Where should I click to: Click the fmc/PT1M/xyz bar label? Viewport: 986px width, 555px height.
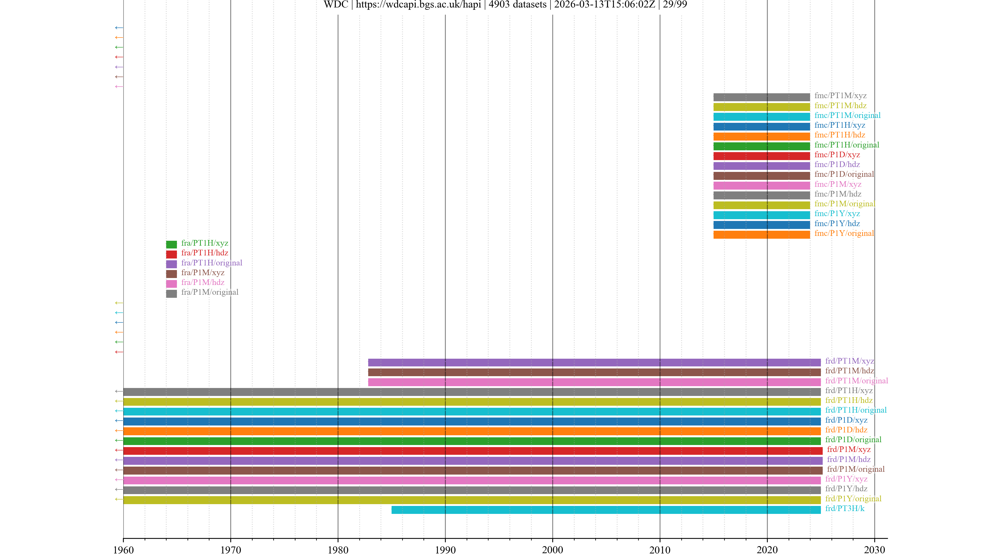(840, 96)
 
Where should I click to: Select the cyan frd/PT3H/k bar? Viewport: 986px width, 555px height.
(606, 510)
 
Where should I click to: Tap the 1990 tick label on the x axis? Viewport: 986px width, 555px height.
(445, 550)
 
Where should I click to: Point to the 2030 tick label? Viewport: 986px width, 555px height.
(874, 550)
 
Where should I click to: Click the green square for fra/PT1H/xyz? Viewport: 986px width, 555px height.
(172, 244)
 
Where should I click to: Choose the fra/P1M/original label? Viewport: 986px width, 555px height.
(210, 292)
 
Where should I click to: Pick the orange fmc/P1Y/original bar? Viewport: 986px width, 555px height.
(761, 234)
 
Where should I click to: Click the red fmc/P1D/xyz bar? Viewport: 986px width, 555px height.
(761, 156)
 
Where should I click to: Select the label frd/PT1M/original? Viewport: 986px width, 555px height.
(856, 381)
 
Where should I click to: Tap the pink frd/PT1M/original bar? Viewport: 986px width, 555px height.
(594, 382)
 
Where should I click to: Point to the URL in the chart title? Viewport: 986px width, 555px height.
(418, 5)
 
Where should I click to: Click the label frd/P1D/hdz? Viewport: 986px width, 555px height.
(846, 430)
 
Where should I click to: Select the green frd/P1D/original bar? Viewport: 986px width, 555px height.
(472, 441)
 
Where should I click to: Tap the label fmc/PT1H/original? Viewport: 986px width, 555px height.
(847, 145)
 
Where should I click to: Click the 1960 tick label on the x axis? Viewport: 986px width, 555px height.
(123, 550)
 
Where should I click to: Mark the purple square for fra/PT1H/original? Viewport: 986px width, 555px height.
(172, 264)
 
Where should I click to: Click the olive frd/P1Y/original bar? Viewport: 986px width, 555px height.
(472, 500)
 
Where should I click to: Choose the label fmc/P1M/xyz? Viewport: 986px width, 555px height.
(838, 184)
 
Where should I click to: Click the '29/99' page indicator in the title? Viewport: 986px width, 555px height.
(675, 5)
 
